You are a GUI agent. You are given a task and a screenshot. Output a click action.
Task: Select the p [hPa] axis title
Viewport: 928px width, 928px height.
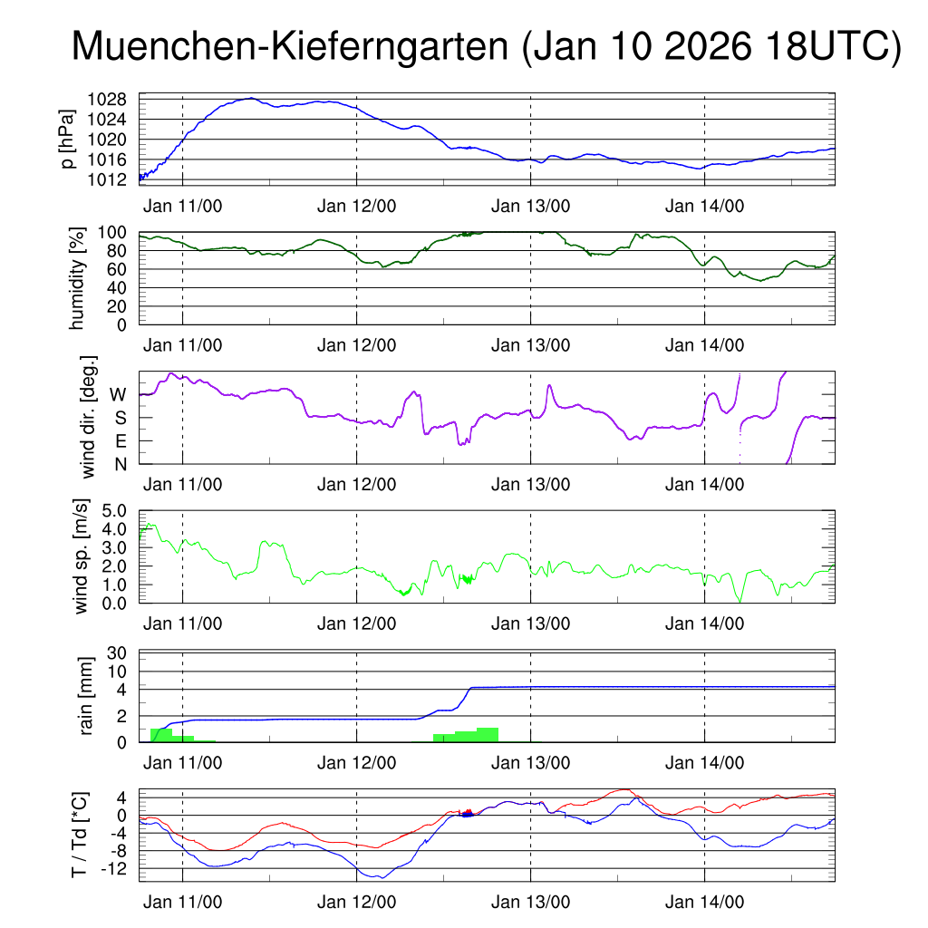(69, 138)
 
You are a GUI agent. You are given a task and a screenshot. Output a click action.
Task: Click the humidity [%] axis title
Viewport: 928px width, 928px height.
(80, 277)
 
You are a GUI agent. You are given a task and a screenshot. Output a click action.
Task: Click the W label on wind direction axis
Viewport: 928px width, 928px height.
(119, 394)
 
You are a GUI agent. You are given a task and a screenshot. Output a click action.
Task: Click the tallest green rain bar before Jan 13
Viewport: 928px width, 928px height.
(488, 734)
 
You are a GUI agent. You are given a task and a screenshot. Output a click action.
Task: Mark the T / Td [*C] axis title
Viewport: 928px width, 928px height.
(80, 835)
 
